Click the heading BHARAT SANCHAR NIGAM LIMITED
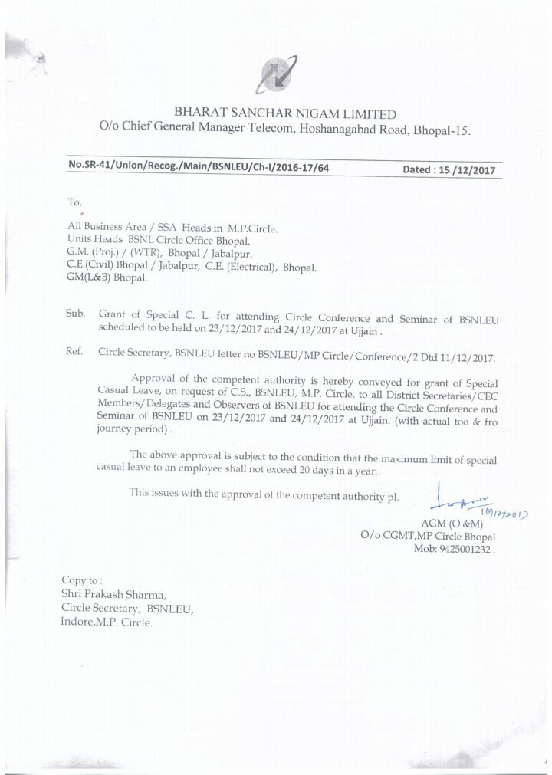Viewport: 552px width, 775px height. click(x=284, y=114)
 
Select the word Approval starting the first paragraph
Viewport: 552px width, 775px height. click(x=158, y=377)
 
